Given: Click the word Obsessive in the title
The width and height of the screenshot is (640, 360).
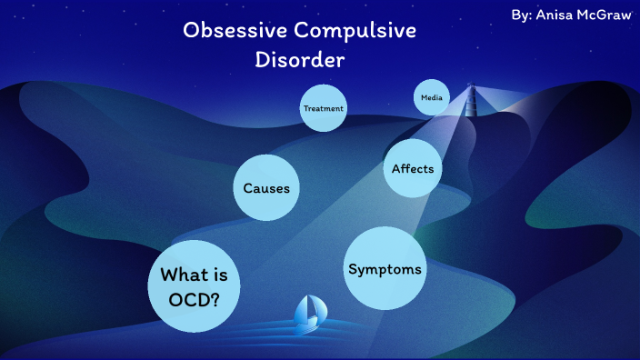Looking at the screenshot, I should [x=234, y=31].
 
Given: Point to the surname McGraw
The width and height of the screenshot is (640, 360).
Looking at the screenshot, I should [x=607, y=15].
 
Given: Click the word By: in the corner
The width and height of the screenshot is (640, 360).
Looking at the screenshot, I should [x=523, y=15].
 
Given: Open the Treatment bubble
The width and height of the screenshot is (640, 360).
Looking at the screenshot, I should [x=324, y=109].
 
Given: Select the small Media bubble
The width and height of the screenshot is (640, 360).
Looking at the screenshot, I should [x=431, y=97].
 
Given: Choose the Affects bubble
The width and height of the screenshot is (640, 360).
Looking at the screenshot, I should [x=413, y=168].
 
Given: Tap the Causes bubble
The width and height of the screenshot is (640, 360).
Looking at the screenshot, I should [x=266, y=188].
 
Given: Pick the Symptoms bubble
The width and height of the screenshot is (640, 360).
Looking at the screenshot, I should [x=385, y=268].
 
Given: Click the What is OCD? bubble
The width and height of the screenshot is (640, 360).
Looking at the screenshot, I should [x=194, y=286].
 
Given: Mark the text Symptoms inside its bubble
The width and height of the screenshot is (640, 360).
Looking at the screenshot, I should [x=385, y=269].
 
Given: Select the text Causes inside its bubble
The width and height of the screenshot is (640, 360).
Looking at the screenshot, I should [x=266, y=189].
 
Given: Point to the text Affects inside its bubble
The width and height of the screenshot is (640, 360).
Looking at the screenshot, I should [x=413, y=169].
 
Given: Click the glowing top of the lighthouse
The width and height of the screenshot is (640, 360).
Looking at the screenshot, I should [x=471, y=88].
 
